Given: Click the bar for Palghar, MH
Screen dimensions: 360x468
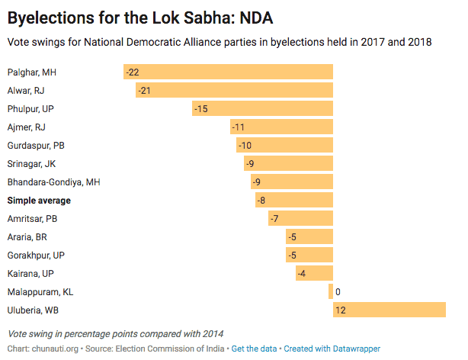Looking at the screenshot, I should point(229,72).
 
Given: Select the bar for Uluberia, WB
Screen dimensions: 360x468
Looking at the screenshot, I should point(389,310).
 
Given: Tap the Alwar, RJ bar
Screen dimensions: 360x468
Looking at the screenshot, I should point(235,90).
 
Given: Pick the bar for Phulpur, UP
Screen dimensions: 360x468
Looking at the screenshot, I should point(263,108).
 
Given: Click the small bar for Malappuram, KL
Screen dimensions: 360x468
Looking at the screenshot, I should point(331,291).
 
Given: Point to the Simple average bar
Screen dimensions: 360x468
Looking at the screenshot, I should point(294,200).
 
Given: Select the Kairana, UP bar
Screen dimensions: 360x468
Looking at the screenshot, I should point(314,273).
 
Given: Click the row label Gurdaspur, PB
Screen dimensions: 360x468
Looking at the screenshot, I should point(36,145).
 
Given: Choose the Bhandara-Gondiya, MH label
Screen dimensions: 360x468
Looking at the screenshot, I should point(53,182).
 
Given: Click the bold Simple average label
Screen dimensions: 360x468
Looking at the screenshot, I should point(39,200).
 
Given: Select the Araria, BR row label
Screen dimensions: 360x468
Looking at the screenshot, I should point(27,236).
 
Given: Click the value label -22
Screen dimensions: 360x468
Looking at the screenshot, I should point(133,72).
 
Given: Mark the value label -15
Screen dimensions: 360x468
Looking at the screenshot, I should point(202,108).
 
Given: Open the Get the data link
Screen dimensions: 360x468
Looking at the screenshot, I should point(255,349).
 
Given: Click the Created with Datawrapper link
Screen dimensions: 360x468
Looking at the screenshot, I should point(332,349).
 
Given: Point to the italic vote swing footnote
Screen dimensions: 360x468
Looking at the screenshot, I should point(115,334).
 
